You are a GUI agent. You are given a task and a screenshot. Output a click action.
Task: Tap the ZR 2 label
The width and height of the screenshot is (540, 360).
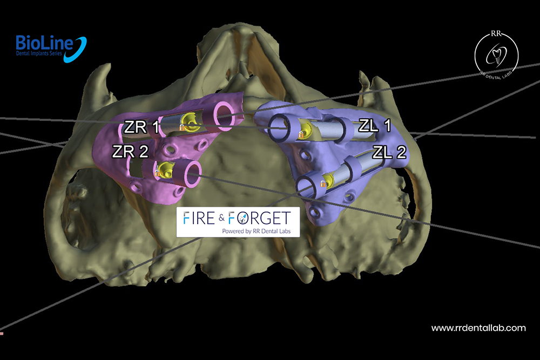click(130, 152)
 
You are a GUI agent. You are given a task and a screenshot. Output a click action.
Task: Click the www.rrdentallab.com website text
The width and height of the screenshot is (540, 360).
click(478, 328)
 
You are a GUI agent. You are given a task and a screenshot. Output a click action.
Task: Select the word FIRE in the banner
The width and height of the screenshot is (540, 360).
click(200, 218)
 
